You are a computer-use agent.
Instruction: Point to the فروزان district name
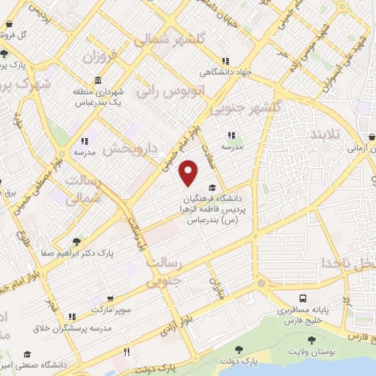tap(100, 55)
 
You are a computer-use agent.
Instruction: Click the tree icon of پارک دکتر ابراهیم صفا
tap(78, 241)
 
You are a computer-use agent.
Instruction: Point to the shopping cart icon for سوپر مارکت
tap(109, 299)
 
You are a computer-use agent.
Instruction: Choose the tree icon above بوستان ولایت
tap(312, 339)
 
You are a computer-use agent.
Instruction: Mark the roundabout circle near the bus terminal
tap(261, 283)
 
